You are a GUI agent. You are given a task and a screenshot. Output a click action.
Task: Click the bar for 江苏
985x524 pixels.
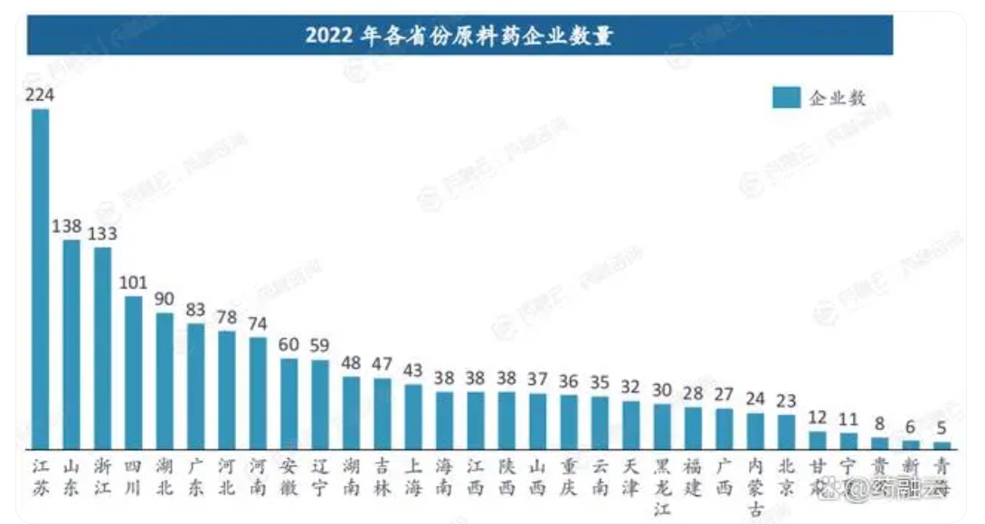pyautogui.click(x=40, y=279)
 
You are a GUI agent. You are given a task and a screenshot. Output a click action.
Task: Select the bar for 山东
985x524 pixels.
pyautogui.click(x=71, y=344)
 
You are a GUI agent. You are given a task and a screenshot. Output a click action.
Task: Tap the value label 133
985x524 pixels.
pyautogui.click(x=102, y=233)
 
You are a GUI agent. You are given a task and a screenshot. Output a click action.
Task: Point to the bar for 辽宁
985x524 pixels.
pyautogui.click(x=320, y=404)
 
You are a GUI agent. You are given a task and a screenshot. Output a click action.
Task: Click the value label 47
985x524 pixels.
pyautogui.click(x=382, y=364)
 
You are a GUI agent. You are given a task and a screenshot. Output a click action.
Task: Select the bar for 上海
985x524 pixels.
pyautogui.click(x=413, y=416)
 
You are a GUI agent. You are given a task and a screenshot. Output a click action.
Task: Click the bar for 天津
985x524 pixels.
pyautogui.click(x=631, y=425)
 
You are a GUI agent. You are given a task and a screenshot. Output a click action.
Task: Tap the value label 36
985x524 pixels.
pyautogui.click(x=569, y=381)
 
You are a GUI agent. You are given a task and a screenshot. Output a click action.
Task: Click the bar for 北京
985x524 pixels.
pyautogui.click(x=787, y=432)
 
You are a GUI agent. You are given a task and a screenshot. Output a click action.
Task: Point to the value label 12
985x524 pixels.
pyautogui.click(x=818, y=417)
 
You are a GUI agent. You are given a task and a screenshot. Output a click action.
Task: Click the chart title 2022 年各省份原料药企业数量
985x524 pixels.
pyautogui.click(x=459, y=36)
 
